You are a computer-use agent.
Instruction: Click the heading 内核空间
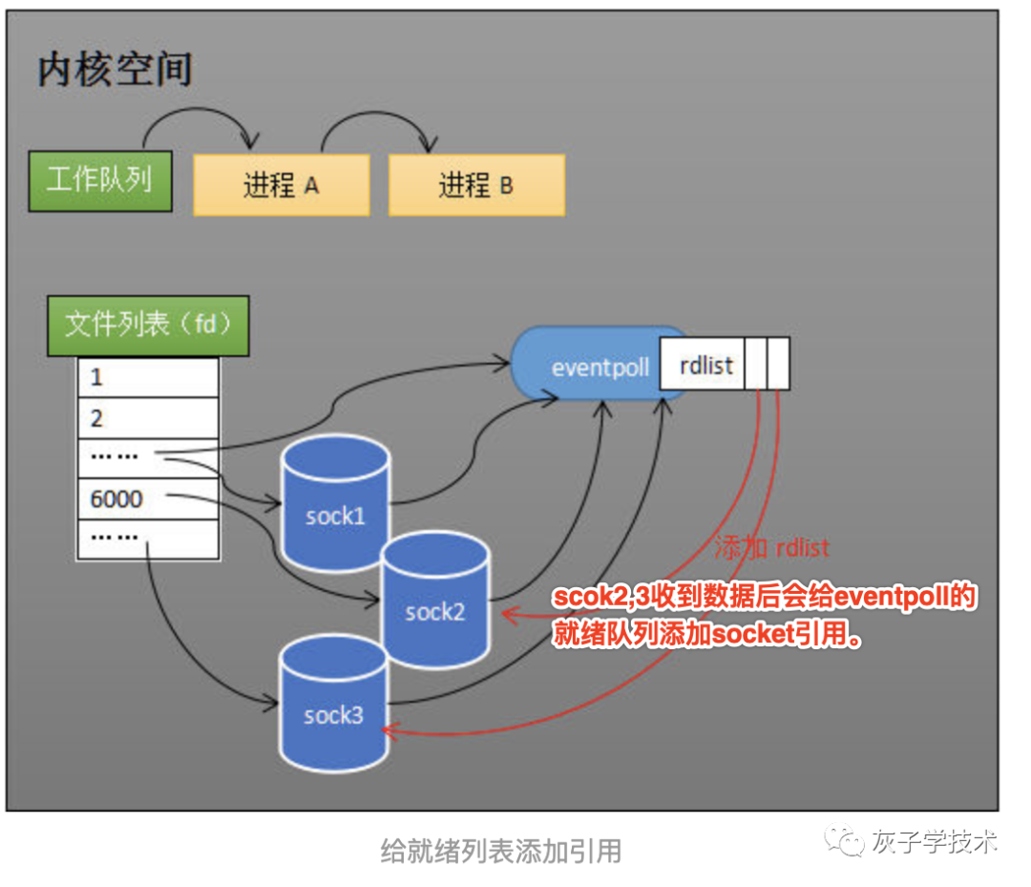[115, 71]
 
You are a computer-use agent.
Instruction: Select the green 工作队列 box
[99, 180]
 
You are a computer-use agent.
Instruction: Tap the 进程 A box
[281, 185]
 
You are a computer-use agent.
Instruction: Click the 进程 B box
[475, 185]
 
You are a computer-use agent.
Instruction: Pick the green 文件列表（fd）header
[148, 326]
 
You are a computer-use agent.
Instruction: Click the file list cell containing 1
[148, 377]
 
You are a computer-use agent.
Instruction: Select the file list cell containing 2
[148, 418]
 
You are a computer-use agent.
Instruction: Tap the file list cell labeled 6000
[148, 499]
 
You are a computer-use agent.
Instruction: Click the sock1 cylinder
[335, 506]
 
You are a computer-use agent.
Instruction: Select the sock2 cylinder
[434, 602]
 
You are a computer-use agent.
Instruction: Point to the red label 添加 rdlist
[771, 548]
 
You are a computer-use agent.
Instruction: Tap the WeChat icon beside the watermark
[847, 842]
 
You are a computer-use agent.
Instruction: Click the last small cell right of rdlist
[778, 364]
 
